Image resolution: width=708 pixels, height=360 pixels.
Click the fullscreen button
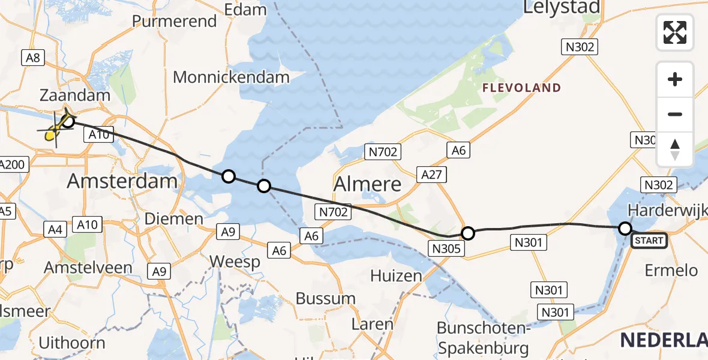(x=675, y=32)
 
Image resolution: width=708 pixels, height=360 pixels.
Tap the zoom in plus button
(x=675, y=80)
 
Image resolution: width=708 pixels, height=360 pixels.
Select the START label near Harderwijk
(x=649, y=241)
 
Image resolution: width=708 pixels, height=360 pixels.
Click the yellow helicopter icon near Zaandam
(x=56, y=127)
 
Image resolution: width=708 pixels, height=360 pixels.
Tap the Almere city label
(x=368, y=184)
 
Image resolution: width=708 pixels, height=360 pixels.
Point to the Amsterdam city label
(x=122, y=181)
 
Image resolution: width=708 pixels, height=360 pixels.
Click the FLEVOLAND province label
(x=522, y=88)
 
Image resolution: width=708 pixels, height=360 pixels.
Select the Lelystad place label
(x=562, y=7)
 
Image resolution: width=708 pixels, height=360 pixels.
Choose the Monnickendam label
(x=231, y=77)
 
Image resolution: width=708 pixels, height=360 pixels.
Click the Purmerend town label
(x=174, y=22)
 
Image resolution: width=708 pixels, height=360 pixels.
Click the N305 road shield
(x=445, y=248)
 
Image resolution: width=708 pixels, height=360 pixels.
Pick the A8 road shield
(x=32, y=58)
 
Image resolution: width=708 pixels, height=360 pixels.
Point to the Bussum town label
(x=326, y=298)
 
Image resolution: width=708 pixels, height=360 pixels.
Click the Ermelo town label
(x=671, y=270)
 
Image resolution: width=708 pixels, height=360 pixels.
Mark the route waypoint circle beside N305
(x=467, y=233)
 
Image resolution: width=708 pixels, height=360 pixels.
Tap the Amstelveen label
(x=88, y=268)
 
